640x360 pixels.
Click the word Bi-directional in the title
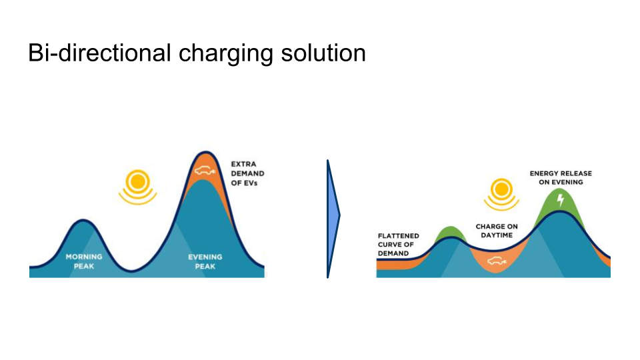[x=99, y=53]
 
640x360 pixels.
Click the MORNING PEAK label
[x=84, y=261]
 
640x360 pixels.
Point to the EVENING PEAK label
[x=205, y=261]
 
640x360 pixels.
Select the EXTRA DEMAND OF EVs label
[x=247, y=173]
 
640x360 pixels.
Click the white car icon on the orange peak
[x=204, y=170]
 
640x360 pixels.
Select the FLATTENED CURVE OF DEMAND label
[x=399, y=244]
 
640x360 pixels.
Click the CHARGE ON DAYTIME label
[x=497, y=231]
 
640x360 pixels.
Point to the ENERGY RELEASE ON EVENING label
[x=561, y=177]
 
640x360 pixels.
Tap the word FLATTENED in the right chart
[x=399, y=235]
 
